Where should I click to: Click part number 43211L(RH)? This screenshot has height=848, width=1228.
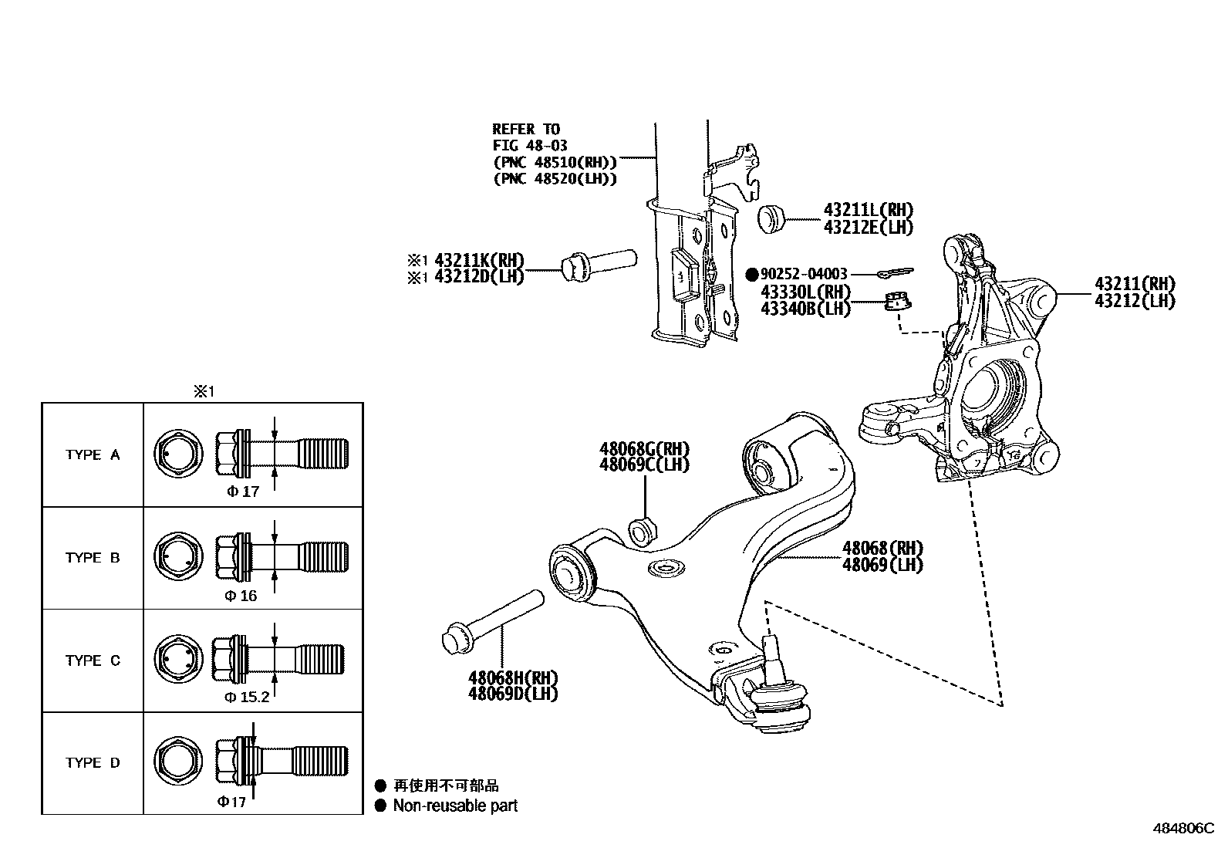pos(868,210)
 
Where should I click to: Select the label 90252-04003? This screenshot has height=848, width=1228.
pos(804,274)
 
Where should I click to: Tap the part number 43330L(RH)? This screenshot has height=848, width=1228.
pos(805,292)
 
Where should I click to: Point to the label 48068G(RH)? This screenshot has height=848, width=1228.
pos(644,449)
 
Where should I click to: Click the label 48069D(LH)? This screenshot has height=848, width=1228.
pos(512,694)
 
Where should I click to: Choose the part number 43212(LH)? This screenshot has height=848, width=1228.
pos(1134,302)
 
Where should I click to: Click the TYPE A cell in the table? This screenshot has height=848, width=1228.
pos(93,455)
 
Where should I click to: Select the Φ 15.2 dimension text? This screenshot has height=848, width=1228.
pos(247,698)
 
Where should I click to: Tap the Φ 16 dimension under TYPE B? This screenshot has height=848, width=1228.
pos(241,596)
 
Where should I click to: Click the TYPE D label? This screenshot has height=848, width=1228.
pos(93,763)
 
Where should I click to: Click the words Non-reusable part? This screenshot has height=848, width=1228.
pos(455,806)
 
